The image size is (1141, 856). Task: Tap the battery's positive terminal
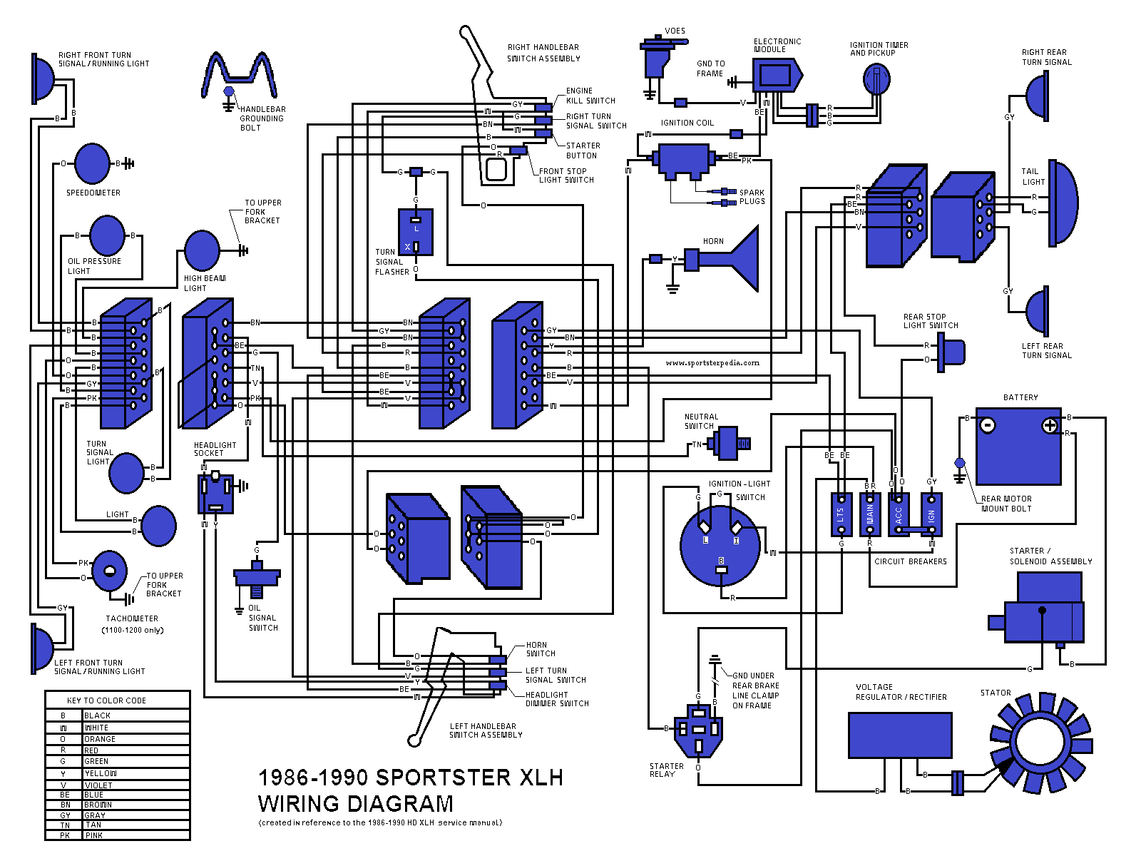[x=1050, y=426]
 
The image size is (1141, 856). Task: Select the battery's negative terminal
[x=988, y=426]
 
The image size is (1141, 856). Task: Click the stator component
[x=1041, y=743]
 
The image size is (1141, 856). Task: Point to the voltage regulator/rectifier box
[x=900, y=735]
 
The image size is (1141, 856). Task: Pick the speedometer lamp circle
[x=92, y=164]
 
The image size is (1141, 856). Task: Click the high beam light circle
[x=202, y=250]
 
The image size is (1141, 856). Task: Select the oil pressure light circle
[x=108, y=235]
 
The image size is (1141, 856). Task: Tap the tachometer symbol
[x=109, y=571]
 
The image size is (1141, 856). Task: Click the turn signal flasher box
[x=416, y=232]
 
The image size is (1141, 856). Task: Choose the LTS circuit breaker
[x=841, y=514]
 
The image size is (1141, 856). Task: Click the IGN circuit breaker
[x=931, y=514]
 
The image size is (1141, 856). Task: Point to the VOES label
[x=675, y=31]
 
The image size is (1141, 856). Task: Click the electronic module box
[x=776, y=75]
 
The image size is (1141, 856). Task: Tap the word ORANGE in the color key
[x=100, y=739]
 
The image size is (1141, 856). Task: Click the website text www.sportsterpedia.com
[x=712, y=363]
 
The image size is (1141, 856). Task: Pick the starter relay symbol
[x=698, y=731]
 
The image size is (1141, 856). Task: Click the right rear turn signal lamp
[x=1038, y=96]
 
